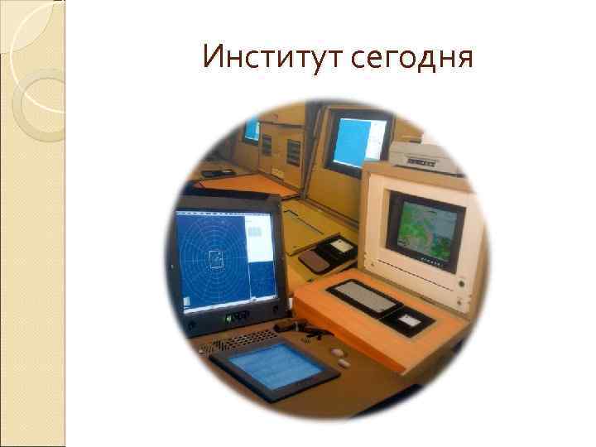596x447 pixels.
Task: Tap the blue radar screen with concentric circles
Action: (x=214, y=257)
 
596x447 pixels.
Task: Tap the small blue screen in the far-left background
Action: (x=251, y=130)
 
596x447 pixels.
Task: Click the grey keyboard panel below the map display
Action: (x=364, y=296)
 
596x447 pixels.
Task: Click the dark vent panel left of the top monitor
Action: (x=293, y=151)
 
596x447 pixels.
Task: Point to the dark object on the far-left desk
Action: (x=212, y=172)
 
